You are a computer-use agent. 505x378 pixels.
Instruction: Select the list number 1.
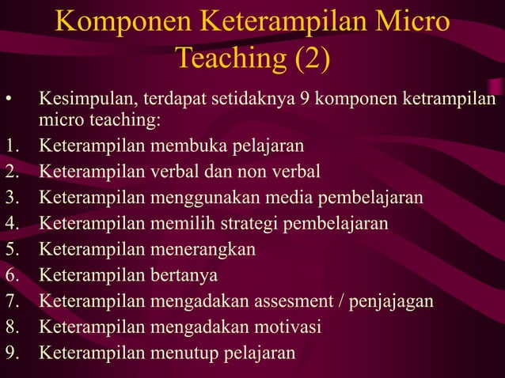(x=10, y=146)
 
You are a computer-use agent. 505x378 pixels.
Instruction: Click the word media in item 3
(x=294, y=197)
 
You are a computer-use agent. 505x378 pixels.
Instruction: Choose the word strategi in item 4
(x=255, y=223)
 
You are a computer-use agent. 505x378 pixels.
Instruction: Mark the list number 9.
(x=10, y=352)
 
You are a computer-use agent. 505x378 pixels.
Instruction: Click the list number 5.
(x=10, y=249)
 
